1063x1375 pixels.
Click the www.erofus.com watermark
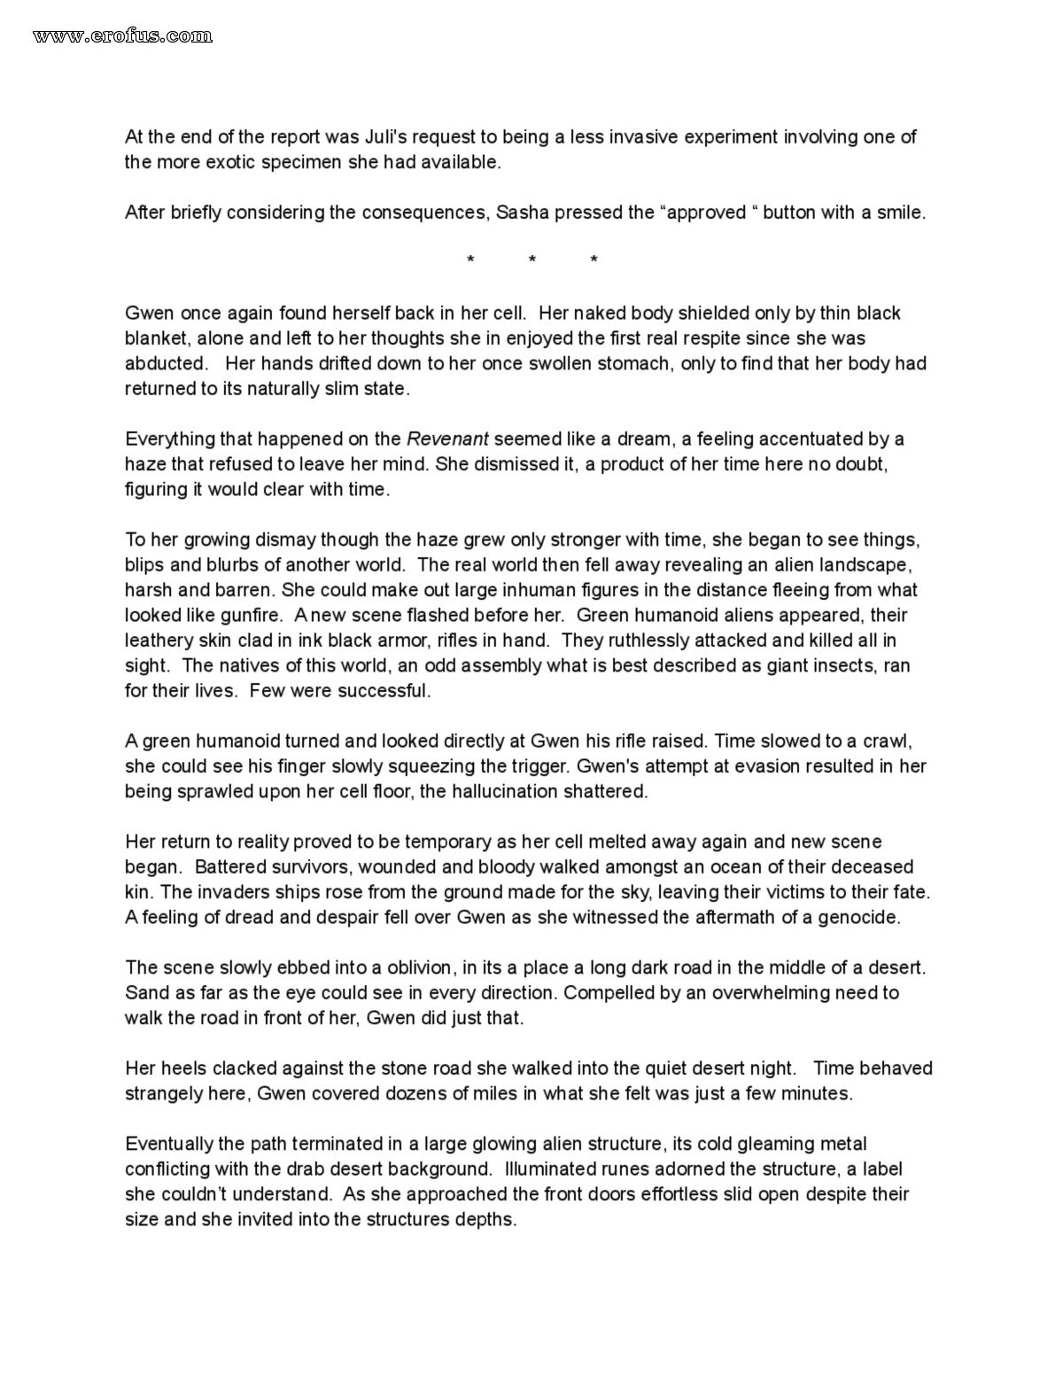(x=122, y=35)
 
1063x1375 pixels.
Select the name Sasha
(x=521, y=213)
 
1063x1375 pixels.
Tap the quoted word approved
(x=706, y=213)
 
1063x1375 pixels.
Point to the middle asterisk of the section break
(x=531, y=260)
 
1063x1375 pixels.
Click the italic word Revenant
(x=447, y=439)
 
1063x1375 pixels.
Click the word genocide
(x=860, y=917)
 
